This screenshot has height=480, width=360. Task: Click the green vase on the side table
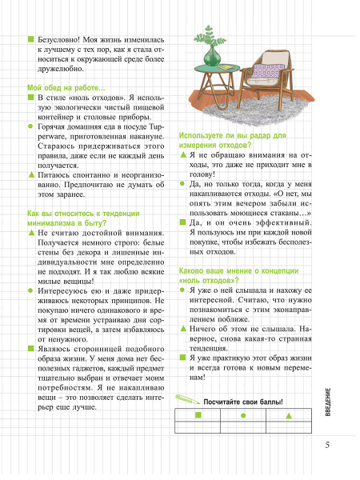pos(213,57)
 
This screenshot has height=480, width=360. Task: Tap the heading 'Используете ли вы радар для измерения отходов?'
pos(232,141)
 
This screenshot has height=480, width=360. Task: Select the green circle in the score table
pos(242,416)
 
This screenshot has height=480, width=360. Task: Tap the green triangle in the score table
pos(290,416)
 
